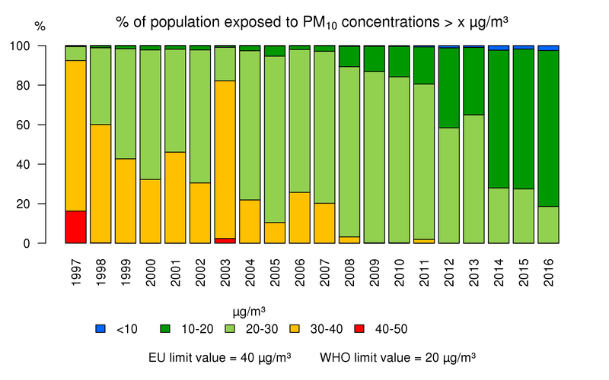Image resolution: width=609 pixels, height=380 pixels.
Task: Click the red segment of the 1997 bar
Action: coord(75,227)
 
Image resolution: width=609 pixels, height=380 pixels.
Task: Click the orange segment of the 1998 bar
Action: coord(100,183)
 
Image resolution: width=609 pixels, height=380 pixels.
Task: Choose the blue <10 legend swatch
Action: coord(100,328)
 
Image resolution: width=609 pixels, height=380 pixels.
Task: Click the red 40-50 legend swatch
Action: coord(360,328)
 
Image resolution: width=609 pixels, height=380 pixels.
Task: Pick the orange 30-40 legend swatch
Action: coord(295,328)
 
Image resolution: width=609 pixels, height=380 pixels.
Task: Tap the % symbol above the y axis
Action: coord(40,27)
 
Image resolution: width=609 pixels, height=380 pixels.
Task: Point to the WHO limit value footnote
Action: coord(397,356)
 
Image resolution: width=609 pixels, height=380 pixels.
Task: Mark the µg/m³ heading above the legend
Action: coord(248,310)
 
